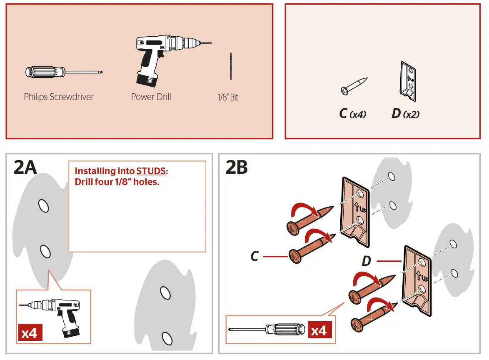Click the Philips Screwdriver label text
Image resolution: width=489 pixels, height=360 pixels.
tap(59, 97)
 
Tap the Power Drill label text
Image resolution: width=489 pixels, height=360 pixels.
tap(151, 97)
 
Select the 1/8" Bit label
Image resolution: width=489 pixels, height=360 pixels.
tap(228, 97)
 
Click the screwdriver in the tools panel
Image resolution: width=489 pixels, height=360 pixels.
tap(62, 72)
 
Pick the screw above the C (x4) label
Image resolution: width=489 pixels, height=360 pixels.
tap(354, 86)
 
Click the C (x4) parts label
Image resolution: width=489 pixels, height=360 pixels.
tap(352, 113)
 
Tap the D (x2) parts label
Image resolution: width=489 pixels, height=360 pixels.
tap(405, 113)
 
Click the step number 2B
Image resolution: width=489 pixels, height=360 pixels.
tap(237, 167)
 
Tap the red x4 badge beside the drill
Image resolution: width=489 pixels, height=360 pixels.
tap(29, 333)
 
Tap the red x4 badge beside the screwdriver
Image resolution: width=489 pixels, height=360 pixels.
tap(319, 330)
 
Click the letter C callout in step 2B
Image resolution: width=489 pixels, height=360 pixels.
tap(255, 256)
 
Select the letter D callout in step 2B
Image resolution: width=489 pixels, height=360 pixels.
tap(366, 261)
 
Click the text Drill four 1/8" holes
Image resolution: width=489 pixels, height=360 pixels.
tap(117, 182)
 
